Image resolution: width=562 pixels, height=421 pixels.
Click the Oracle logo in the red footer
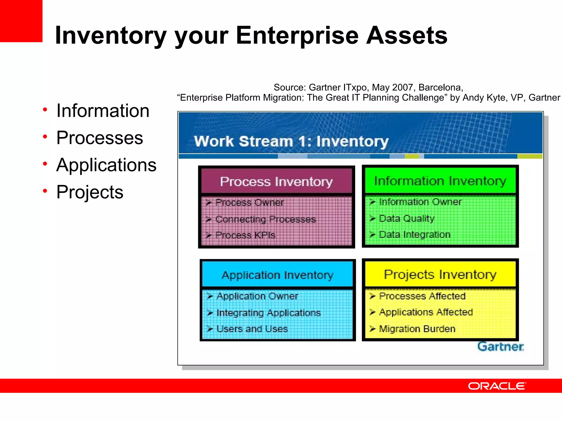(497, 386)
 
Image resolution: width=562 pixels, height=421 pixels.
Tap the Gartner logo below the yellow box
(501, 347)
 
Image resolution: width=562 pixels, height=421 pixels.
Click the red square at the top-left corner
(21, 21)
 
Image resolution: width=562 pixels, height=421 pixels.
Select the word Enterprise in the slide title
(297, 36)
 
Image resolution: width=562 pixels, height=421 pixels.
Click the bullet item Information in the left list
(103, 111)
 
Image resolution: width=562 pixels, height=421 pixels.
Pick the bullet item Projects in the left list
(90, 192)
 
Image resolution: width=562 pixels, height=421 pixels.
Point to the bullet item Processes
(99, 138)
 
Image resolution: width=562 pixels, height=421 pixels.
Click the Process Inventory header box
(276, 181)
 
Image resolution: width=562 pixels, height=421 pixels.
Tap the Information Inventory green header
(440, 181)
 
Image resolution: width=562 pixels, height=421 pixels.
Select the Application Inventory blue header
(277, 275)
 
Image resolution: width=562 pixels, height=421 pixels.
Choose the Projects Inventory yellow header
(440, 274)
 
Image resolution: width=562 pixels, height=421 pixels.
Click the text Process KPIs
(245, 235)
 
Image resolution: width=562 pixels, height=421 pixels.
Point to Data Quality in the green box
(406, 218)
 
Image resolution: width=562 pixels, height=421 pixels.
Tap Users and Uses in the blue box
(252, 329)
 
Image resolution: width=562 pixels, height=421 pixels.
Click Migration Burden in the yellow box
(417, 329)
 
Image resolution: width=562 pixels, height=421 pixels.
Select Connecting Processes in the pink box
(265, 219)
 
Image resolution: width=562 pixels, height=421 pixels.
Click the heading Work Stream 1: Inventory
(291, 141)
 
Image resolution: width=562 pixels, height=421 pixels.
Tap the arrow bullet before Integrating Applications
(210, 313)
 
